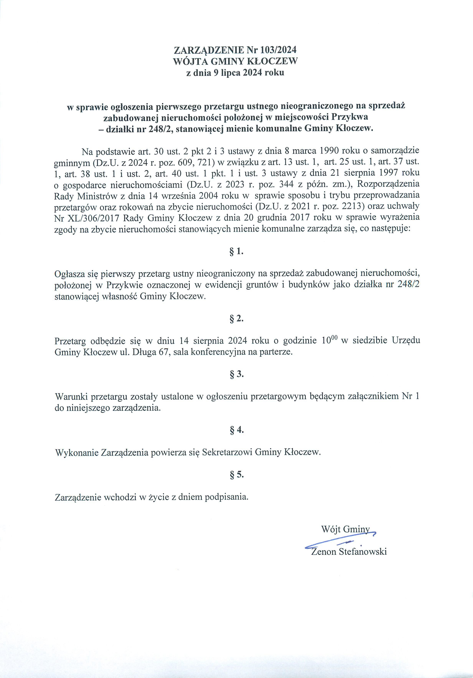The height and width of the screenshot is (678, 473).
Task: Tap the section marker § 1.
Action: click(236, 252)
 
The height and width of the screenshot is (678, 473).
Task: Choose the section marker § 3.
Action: click(236, 375)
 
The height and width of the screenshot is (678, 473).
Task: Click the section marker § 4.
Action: click(236, 430)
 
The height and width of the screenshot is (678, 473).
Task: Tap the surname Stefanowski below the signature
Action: click(363, 552)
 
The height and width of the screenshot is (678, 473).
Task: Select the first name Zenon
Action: click(324, 552)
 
